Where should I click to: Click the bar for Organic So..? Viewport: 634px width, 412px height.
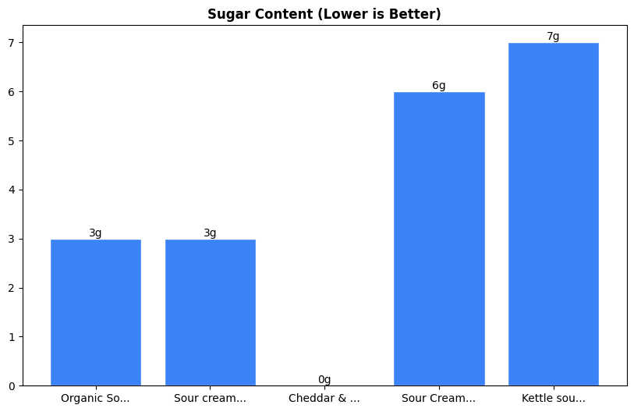[x=95, y=312]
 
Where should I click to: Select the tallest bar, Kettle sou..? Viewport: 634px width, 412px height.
[x=553, y=215]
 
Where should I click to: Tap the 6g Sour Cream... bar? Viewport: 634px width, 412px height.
[x=439, y=239]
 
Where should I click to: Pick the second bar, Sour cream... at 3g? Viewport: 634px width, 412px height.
[x=210, y=312]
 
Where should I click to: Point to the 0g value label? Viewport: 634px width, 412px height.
[x=324, y=380]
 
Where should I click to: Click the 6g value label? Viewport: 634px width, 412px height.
[x=439, y=86]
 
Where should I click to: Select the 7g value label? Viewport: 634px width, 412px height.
[x=553, y=37]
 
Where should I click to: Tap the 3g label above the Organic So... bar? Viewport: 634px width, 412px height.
[x=95, y=233]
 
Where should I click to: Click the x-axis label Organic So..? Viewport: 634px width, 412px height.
[x=95, y=399]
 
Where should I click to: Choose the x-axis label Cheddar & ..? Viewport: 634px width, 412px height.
[x=324, y=399]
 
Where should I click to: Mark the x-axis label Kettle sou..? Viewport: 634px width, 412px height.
[x=553, y=399]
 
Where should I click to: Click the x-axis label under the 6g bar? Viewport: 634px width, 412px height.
[x=439, y=399]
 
